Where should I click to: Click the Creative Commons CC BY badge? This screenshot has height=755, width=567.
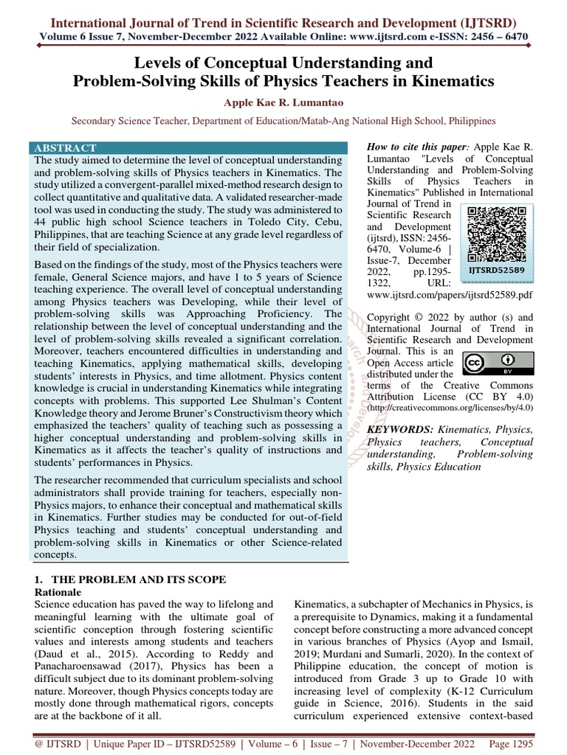[x=498, y=363]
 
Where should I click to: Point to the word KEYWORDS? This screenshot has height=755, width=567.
[x=399, y=428]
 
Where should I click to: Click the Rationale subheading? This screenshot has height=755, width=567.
[x=58, y=592]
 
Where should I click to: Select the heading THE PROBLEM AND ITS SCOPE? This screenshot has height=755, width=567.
[x=130, y=580]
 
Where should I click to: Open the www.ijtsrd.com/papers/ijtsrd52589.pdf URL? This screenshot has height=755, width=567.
[x=450, y=294]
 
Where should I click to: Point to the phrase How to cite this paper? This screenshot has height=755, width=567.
[x=414, y=147]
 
